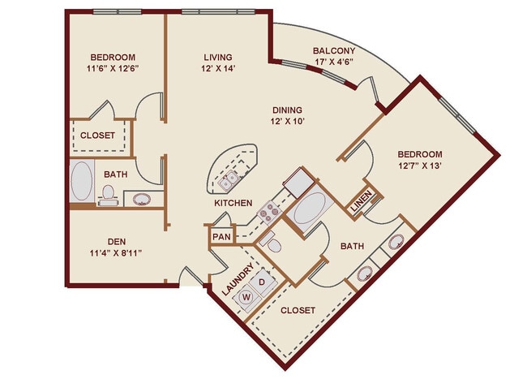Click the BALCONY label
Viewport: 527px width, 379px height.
(332, 51)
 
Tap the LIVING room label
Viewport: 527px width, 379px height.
(217, 58)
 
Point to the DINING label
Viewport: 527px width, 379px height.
(287, 110)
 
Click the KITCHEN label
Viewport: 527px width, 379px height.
(233, 203)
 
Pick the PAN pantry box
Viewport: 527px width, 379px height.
(221, 237)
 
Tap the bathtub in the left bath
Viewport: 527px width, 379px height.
(82, 181)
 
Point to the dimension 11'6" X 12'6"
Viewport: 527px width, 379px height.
(112, 70)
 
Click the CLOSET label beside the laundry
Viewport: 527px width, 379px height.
(298, 311)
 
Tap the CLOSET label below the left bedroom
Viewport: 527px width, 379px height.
(99, 136)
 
